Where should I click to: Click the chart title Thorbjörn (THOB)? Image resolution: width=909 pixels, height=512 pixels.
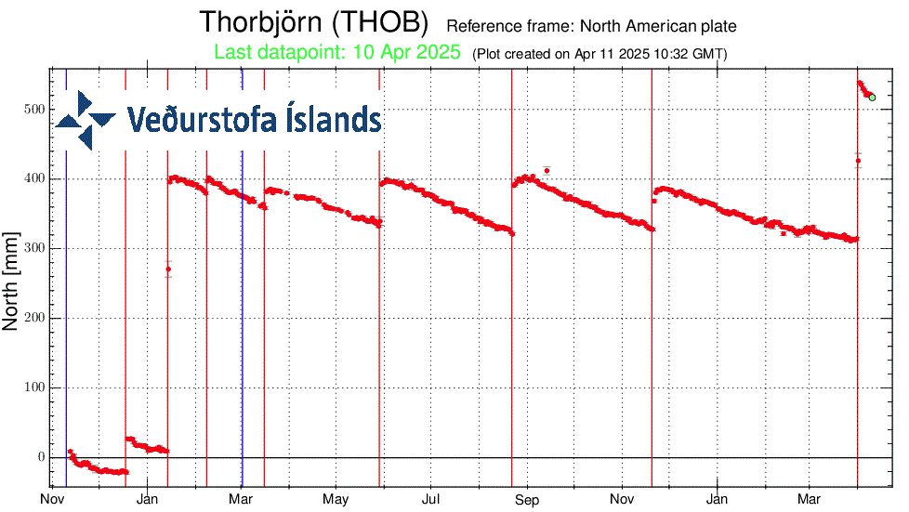coord(314,22)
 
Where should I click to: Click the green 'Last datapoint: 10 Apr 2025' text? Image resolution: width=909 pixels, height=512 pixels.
coord(337,53)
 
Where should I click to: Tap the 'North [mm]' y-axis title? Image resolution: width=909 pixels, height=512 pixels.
coord(12,282)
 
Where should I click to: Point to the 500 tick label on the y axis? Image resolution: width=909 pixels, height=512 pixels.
coord(34,109)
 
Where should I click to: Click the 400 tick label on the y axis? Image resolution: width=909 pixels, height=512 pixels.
coord(34,178)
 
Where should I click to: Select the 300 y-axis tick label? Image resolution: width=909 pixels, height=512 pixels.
coord(34,248)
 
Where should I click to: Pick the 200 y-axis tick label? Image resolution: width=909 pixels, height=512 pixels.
coord(34,318)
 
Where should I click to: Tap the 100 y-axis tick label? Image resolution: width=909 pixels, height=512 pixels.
coord(34,387)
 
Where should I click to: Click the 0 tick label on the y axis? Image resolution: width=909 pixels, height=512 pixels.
coord(41,457)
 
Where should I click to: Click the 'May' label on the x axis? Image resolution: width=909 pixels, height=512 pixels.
coord(336,502)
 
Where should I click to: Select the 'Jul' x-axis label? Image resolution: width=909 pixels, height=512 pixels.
coord(431,502)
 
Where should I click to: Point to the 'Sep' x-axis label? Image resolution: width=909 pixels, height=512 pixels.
coord(527,502)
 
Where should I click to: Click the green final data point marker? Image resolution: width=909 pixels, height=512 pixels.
coord(872,98)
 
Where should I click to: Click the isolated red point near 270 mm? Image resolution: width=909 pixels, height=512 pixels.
coord(168,269)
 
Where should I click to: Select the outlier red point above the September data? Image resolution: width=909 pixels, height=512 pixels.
coord(547,170)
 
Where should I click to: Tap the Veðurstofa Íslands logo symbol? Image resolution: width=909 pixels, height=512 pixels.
coord(86,120)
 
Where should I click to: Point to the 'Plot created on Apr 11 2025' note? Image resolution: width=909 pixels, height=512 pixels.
coord(600,54)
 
